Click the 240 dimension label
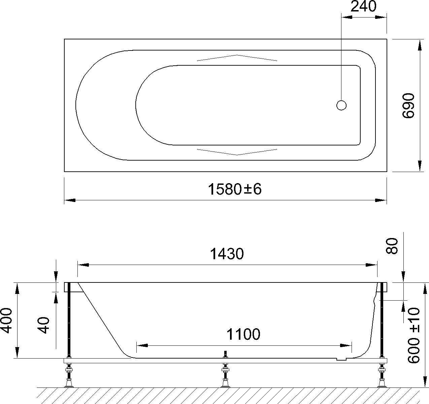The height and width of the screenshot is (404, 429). pyautogui.click(x=363, y=7)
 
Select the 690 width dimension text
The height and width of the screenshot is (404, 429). pyautogui.click(x=408, y=105)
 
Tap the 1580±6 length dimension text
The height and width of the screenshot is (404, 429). pyautogui.click(x=235, y=189)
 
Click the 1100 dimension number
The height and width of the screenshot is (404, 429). pyautogui.click(x=243, y=334)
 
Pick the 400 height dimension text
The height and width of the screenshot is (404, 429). pyautogui.click(x=6, y=321)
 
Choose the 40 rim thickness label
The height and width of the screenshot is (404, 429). pyautogui.click(x=43, y=325)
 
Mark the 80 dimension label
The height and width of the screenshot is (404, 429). pyautogui.click(x=391, y=246)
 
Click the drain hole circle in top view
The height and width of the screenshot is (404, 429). pyautogui.click(x=341, y=105)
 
